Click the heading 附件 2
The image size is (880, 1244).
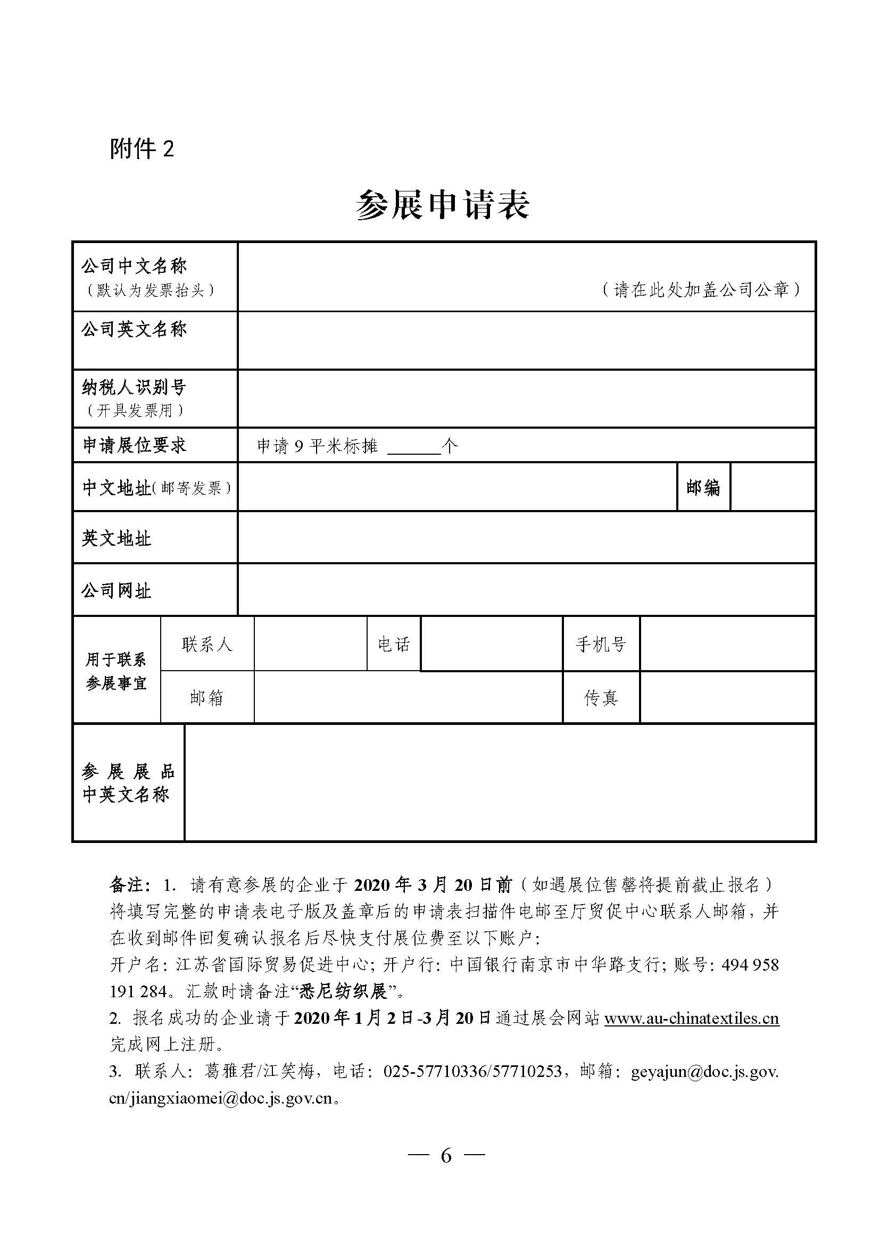(142, 148)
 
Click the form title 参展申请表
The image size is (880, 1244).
(442, 205)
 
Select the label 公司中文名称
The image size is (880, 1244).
(135, 265)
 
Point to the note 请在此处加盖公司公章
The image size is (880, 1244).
(701, 290)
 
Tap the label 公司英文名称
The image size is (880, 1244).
(135, 329)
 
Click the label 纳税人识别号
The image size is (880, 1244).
(135, 387)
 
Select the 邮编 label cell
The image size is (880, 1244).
(703, 488)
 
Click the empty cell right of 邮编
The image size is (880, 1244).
(773, 487)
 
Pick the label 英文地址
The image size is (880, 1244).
(117, 539)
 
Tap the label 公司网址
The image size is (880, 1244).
(117, 590)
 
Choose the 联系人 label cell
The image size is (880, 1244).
(207, 645)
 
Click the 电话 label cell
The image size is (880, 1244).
(394, 645)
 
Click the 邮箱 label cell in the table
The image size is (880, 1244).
(207, 698)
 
